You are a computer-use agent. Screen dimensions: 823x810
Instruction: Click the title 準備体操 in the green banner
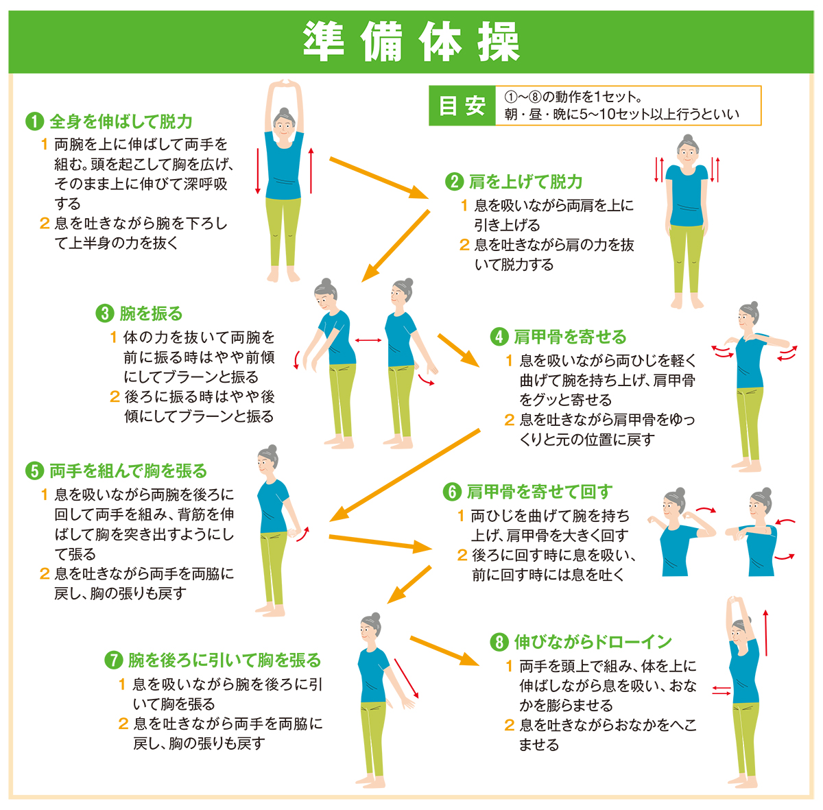pos(411,42)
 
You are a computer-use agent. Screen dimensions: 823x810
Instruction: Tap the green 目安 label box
pos(462,106)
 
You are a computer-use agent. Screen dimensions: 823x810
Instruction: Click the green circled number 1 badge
pos(34,121)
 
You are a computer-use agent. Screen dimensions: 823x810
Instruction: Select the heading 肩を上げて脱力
pos(525,182)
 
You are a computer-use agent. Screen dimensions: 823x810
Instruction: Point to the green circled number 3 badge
pos(105,313)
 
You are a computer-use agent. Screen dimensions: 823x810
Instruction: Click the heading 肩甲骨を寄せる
pos(570,337)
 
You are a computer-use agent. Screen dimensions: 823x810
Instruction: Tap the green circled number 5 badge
pos(34,470)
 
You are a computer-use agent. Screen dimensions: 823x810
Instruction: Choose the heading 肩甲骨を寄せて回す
pos(540,492)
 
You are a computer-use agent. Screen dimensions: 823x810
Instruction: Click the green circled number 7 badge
pos(114,660)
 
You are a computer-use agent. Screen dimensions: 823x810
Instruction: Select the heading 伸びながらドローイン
pos(593,642)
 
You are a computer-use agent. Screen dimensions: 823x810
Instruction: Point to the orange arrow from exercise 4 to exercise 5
pos(405,475)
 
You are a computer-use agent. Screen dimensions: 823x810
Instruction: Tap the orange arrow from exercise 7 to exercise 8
pos(444,651)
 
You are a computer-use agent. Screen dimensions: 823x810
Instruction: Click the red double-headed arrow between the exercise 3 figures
pos(368,340)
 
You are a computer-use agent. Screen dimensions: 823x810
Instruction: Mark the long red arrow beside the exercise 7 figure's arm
pos(406,679)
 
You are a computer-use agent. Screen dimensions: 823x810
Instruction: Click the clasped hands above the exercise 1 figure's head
pos(285,82)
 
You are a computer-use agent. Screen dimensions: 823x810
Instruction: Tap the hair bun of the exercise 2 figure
pos(687,139)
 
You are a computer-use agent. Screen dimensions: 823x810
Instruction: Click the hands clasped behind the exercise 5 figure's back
pos(294,533)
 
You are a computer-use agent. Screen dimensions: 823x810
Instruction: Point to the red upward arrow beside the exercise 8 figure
pos(766,633)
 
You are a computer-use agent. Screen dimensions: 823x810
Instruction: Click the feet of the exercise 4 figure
pos(747,466)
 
